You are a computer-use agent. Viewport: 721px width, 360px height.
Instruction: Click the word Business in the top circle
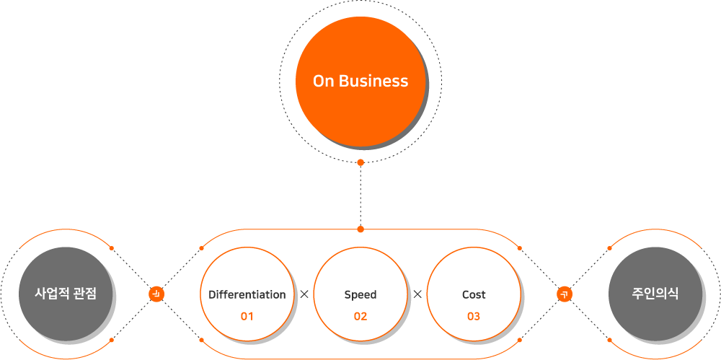pyautogui.click(x=373, y=82)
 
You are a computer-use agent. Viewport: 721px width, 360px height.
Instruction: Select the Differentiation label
pyautogui.click(x=247, y=294)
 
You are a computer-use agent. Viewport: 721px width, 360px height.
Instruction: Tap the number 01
pyautogui.click(x=247, y=316)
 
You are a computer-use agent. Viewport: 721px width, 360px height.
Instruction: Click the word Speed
pyautogui.click(x=360, y=294)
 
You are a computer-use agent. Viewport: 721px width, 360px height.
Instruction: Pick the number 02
pyautogui.click(x=360, y=316)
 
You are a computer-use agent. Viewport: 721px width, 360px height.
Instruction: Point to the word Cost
pyautogui.click(x=474, y=294)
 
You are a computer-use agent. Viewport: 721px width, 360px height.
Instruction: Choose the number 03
pyautogui.click(x=474, y=316)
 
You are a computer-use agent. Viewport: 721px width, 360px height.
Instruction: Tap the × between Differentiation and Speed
pyautogui.click(x=304, y=294)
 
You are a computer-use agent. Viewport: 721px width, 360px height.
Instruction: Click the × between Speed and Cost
pyautogui.click(x=417, y=294)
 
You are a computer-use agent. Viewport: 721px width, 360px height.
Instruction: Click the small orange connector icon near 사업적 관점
pyautogui.click(x=156, y=294)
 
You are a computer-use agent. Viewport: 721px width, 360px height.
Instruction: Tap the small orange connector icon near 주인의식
pyautogui.click(x=565, y=294)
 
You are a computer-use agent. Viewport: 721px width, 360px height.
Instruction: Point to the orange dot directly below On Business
pyautogui.click(x=360, y=162)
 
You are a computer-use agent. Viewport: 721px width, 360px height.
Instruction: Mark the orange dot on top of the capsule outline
pyautogui.click(x=360, y=229)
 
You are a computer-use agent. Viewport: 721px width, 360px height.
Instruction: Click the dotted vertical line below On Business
pyautogui.click(x=360, y=195)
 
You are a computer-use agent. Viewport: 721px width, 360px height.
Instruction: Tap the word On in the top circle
pyautogui.click(x=323, y=82)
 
